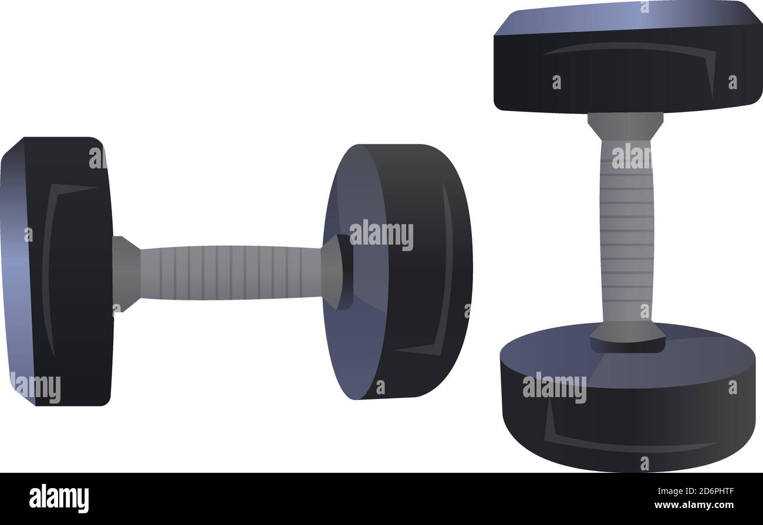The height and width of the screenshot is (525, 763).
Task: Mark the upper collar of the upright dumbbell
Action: [626, 124]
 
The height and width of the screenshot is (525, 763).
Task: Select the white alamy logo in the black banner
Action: [59, 498]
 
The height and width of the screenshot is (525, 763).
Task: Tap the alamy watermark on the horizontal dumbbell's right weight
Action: [381, 235]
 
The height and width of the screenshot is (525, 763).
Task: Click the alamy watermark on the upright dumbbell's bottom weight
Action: [554, 388]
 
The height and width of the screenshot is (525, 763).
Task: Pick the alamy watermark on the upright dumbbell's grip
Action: [632, 156]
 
